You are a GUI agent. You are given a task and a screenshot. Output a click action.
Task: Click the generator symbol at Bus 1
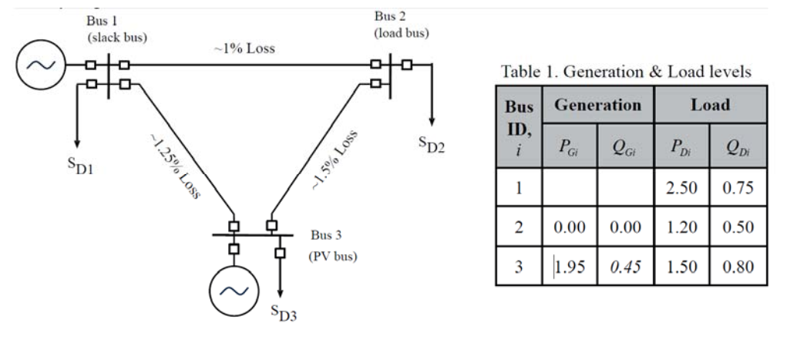37,65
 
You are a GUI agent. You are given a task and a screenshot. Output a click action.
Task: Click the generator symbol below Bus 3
235,291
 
